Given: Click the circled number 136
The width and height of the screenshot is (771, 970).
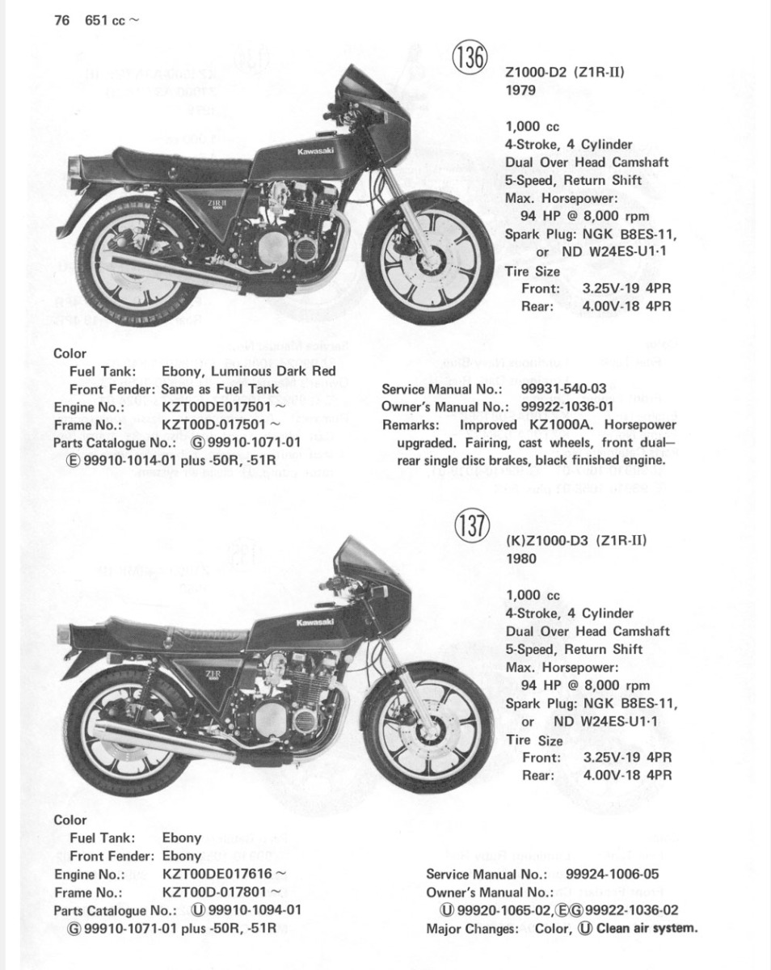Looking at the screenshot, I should tap(471, 59).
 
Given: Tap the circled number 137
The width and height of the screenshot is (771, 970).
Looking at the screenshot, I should tap(471, 528).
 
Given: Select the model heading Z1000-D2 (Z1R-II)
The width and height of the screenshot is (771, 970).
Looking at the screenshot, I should tap(565, 73).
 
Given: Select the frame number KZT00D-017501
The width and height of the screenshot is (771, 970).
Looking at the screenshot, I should tap(216, 424).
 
